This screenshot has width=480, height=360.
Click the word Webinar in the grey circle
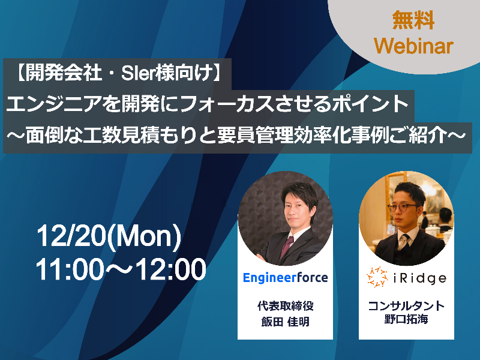[x=413, y=46]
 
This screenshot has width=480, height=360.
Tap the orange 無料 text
[x=413, y=20]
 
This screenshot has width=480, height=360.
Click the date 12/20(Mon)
[x=109, y=238]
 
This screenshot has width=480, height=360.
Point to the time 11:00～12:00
[x=121, y=269]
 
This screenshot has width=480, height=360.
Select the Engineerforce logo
[x=286, y=278]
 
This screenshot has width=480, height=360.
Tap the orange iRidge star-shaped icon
[x=377, y=277]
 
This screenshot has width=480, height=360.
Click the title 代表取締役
[x=286, y=306]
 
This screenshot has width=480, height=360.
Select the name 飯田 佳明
[x=286, y=322]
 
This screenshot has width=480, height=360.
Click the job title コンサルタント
[x=406, y=306]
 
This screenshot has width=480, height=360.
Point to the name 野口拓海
[x=406, y=319]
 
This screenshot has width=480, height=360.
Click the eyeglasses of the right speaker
[x=401, y=207]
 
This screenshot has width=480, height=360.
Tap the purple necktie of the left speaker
[x=287, y=247]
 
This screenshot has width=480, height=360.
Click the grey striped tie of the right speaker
[x=404, y=241]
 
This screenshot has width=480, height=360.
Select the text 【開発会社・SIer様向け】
[x=118, y=73]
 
